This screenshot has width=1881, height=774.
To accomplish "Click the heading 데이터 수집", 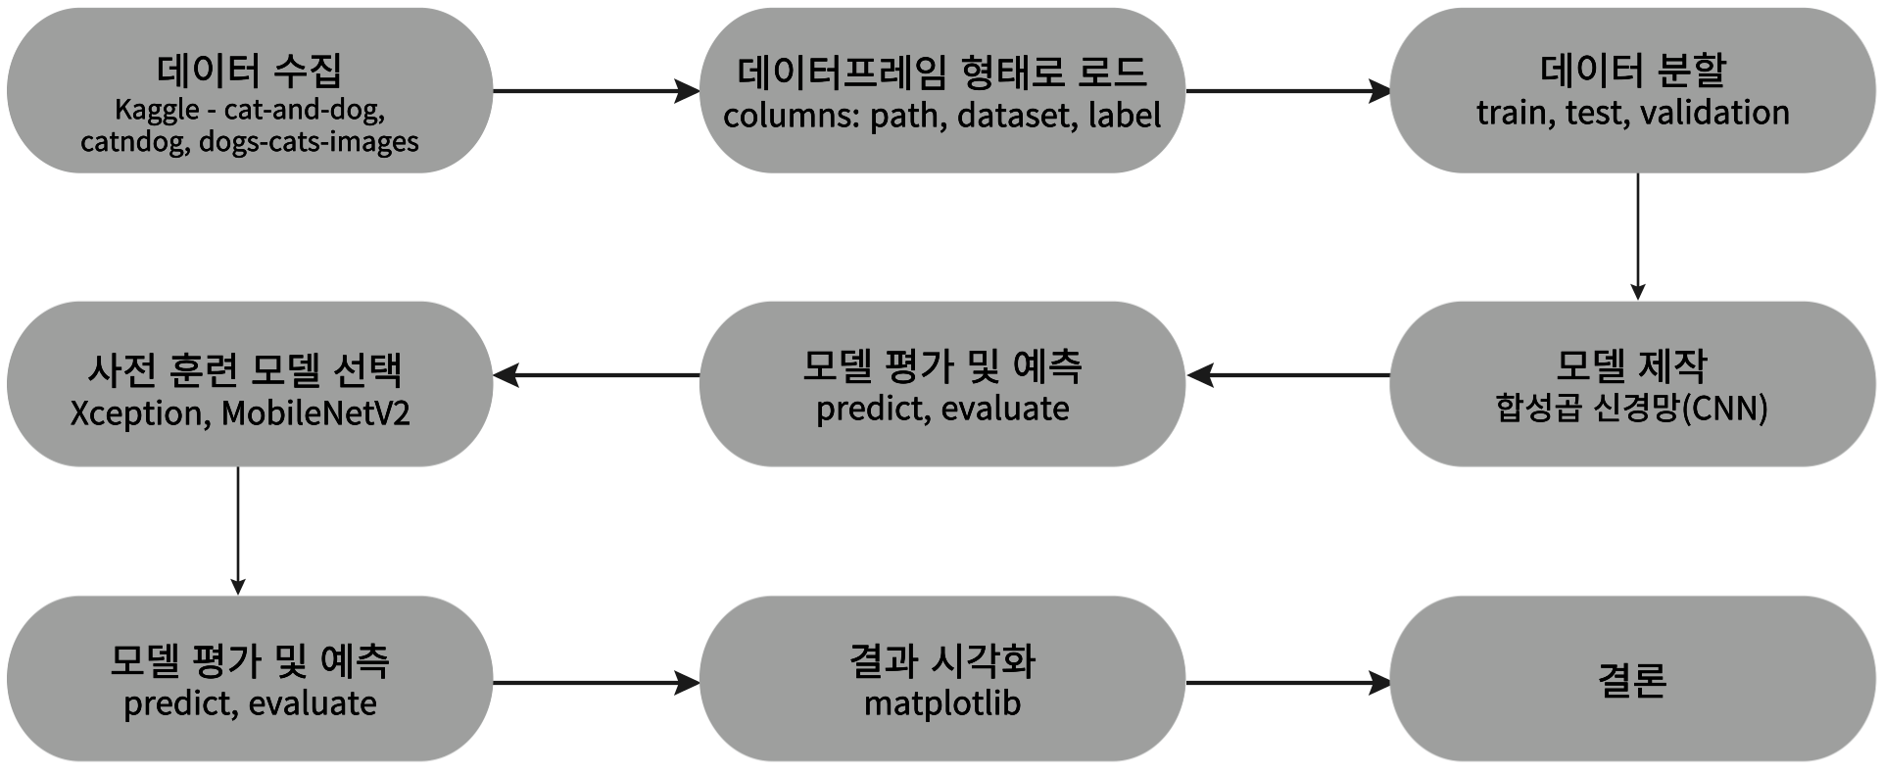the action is [x=249, y=71].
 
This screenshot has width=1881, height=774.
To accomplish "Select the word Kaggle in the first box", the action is [x=157, y=110].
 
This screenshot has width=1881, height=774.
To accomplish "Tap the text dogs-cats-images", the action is [x=309, y=142].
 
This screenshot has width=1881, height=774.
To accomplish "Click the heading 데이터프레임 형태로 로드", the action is [x=941, y=72].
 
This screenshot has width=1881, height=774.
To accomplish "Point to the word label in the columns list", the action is [x=1124, y=116].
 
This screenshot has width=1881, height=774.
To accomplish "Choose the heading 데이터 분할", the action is [x=1632, y=70].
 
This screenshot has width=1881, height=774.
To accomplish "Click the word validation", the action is [x=1714, y=113].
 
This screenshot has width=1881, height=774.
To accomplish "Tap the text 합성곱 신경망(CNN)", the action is [x=1631, y=409].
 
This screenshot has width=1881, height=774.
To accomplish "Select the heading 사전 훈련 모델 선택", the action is [x=245, y=369].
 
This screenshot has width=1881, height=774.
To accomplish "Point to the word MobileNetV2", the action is [x=315, y=413].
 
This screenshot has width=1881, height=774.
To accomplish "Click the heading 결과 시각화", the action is [x=941, y=661].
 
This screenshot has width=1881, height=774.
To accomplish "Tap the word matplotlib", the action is [x=941, y=703].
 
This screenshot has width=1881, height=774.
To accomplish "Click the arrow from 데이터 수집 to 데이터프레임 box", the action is [x=596, y=91].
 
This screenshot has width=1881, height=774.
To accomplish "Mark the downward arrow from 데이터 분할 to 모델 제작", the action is [x=1637, y=235].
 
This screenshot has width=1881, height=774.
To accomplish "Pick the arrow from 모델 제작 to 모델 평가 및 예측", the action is [x=1287, y=374].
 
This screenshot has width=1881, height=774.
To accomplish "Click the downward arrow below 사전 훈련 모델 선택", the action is [x=238, y=529].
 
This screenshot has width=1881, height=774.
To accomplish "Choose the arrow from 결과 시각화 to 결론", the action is [x=1287, y=683].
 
